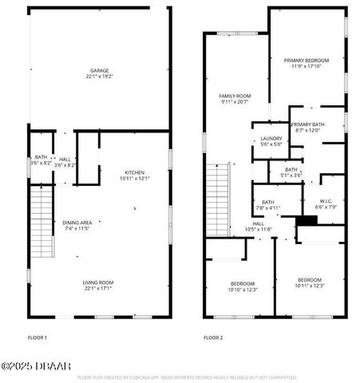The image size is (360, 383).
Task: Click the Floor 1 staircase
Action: click(40, 219)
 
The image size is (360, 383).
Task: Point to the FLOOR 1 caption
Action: click(38, 338)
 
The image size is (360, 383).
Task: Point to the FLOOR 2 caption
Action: click(213, 338)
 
